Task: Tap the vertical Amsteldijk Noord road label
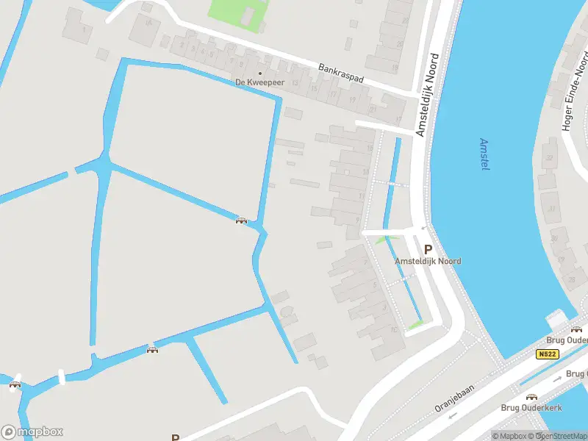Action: click(x=429, y=93)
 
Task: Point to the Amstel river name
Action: click(x=484, y=154)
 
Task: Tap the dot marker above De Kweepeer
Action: click(x=259, y=73)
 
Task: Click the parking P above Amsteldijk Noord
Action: click(x=428, y=250)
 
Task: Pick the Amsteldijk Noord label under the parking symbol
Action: click(x=428, y=262)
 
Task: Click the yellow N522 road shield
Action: click(x=548, y=354)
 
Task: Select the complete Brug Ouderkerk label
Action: click(x=531, y=408)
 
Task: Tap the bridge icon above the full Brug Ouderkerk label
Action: click(x=531, y=397)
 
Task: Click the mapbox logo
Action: click(x=32, y=432)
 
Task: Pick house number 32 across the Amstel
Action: click(x=548, y=159)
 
